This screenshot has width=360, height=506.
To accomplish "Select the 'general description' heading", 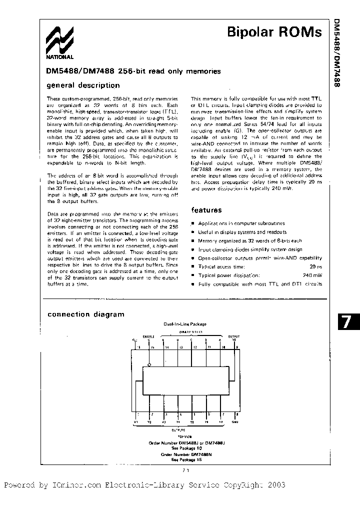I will [83, 85].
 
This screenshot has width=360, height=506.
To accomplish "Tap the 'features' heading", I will [206, 210].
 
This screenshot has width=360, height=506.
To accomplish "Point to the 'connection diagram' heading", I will [85, 314].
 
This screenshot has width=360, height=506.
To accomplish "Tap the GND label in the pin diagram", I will [235, 421].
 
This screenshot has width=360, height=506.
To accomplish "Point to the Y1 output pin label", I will [135, 421].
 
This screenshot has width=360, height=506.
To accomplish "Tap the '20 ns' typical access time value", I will [315, 266].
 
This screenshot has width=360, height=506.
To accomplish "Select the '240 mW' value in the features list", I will [312, 275].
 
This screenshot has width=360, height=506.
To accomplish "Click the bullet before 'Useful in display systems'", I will [193, 232].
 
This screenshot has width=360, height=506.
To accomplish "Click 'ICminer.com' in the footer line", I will [76, 485].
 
